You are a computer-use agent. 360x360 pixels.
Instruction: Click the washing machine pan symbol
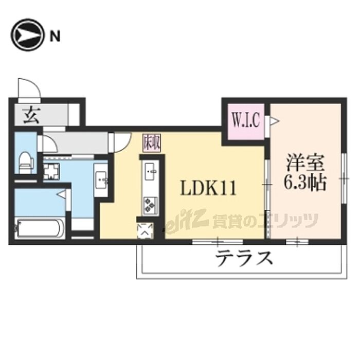point(50,171)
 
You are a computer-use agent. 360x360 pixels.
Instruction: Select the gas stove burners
point(150,205)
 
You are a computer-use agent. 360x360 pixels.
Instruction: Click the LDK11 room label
point(207,189)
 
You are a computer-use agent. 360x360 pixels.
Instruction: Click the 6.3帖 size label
point(306,183)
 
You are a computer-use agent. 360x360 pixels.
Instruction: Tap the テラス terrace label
point(244,258)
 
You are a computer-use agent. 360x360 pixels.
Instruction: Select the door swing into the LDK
point(122,141)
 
